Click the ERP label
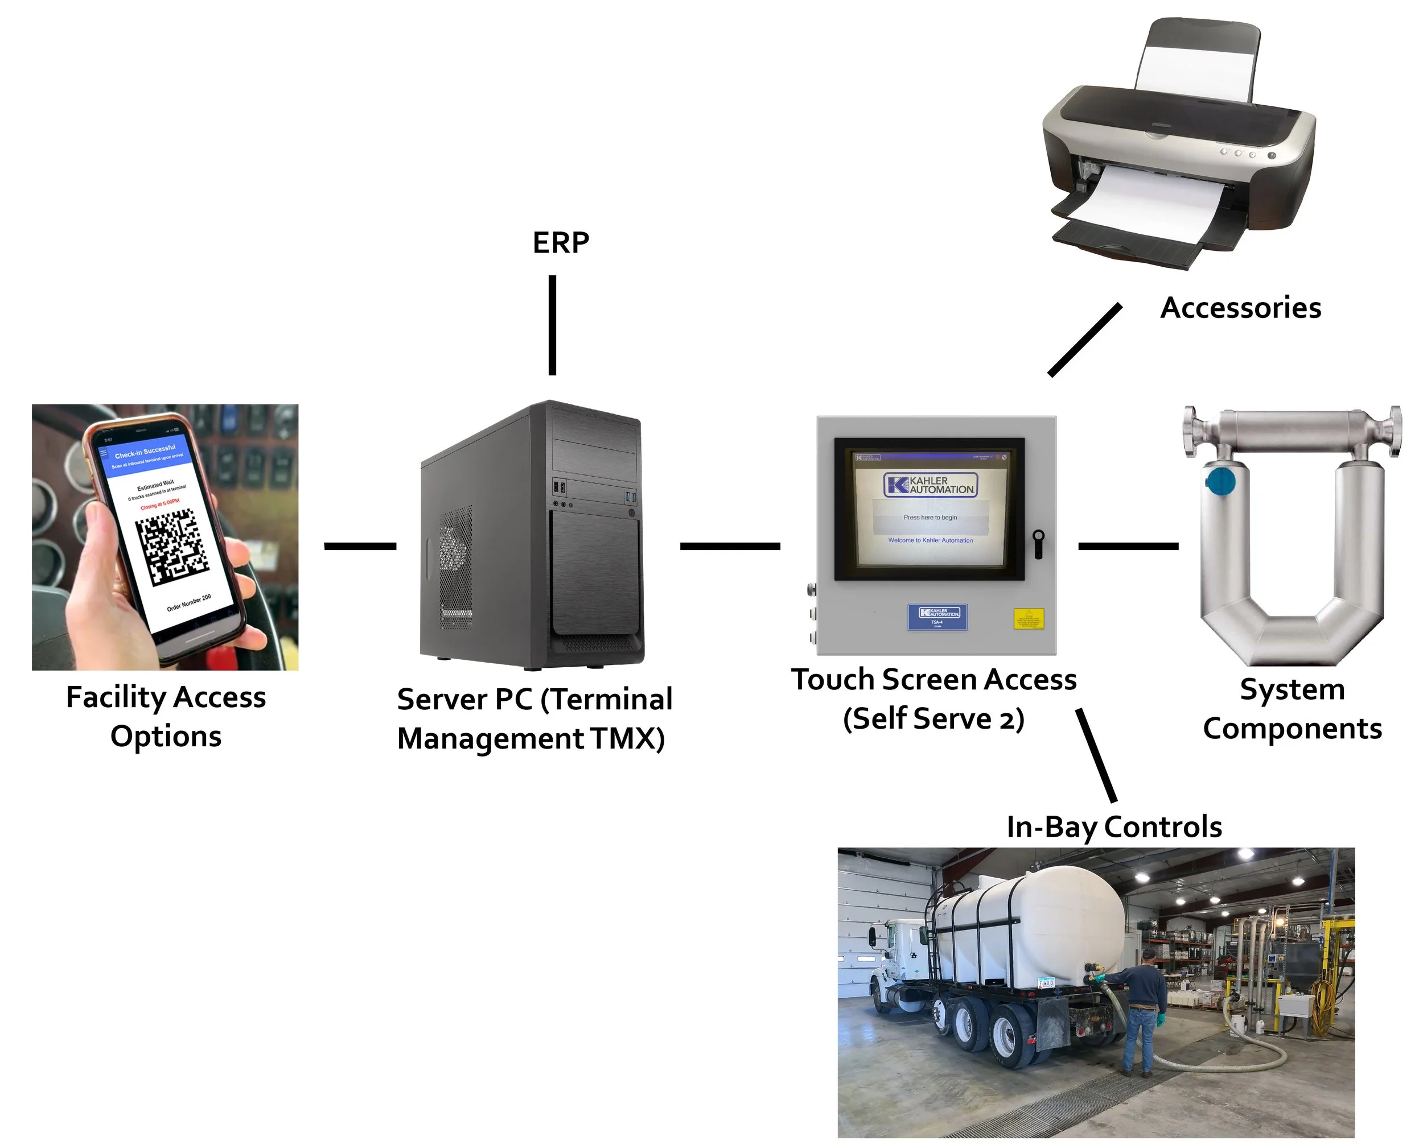(560, 243)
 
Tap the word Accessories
(1240, 308)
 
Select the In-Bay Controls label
(1113, 827)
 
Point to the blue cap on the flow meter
(1220, 481)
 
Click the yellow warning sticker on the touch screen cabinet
(1029, 619)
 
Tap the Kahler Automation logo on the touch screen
(931, 485)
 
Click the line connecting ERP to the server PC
(553, 325)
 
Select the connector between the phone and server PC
(360, 546)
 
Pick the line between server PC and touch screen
(730, 546)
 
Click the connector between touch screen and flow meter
(1128, 546)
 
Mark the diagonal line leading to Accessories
(1084, 340)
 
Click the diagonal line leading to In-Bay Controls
(1096, 755)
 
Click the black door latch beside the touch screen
(1038, 544)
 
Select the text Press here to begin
(930, 518)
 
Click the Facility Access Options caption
(166, 716)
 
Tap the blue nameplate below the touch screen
(937, 617)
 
